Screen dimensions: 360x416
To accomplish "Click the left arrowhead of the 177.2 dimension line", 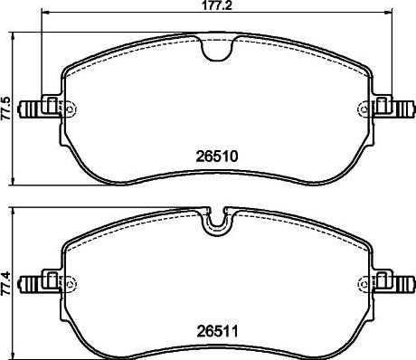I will point(46,15).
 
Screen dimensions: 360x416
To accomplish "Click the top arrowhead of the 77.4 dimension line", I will point(15,210).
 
